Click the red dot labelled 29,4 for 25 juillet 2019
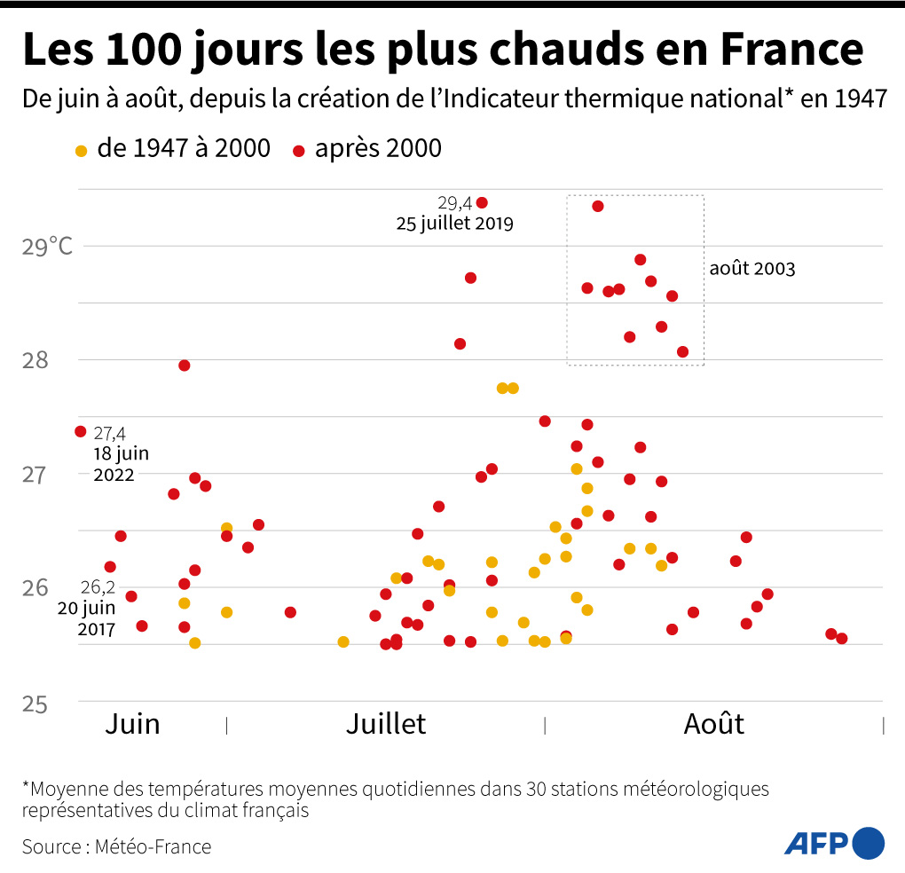482,203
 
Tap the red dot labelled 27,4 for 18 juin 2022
81,431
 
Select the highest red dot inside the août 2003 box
598,206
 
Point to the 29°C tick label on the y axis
47,246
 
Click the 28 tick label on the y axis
35,360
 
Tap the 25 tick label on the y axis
35,703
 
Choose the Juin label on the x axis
132,724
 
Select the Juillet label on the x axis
385,724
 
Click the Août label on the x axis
713,724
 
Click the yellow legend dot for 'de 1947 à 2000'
82,151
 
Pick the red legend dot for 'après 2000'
298,151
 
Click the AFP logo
834,842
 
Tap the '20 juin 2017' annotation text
87,619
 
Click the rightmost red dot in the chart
842,639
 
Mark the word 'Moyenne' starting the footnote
76,789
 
